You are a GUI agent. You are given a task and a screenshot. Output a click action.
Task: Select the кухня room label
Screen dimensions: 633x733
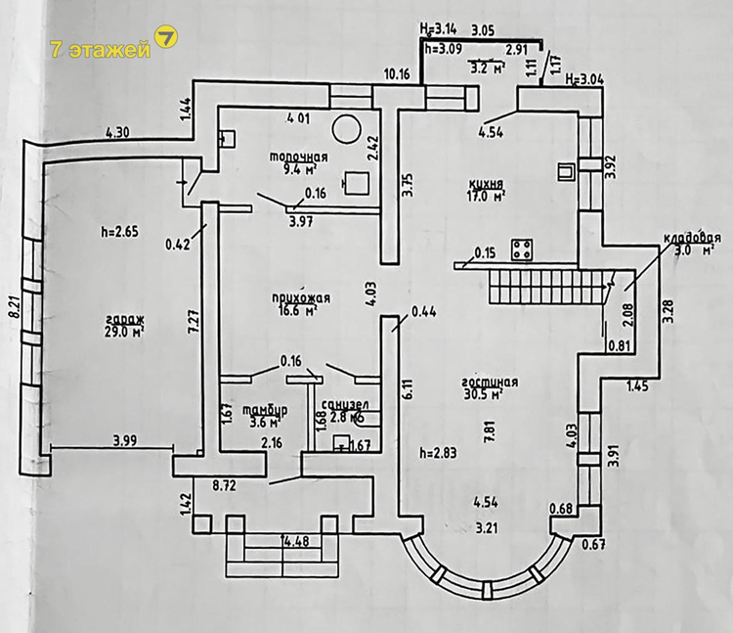tap(486, 183)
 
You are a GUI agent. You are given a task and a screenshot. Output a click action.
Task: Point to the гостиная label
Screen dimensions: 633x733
tap(490, 382)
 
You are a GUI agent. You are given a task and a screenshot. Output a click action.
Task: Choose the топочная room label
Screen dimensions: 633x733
tap(299, 158)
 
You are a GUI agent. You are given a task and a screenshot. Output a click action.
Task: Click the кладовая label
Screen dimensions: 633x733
tap(692, 238)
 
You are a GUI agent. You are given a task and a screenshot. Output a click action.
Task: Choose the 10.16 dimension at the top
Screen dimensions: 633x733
tap(397, 74)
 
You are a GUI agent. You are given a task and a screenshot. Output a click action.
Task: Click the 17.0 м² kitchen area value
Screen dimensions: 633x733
tap(485, 196)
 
